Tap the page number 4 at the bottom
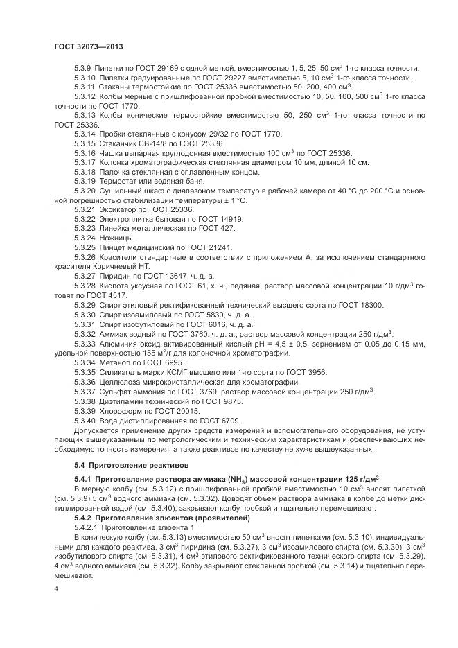(55, 589)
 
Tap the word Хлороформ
(120, 410)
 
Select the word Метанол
(116, 362)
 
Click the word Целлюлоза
(121, 381)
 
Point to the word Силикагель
(122, 371)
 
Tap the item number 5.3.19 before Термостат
(85, 180)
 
